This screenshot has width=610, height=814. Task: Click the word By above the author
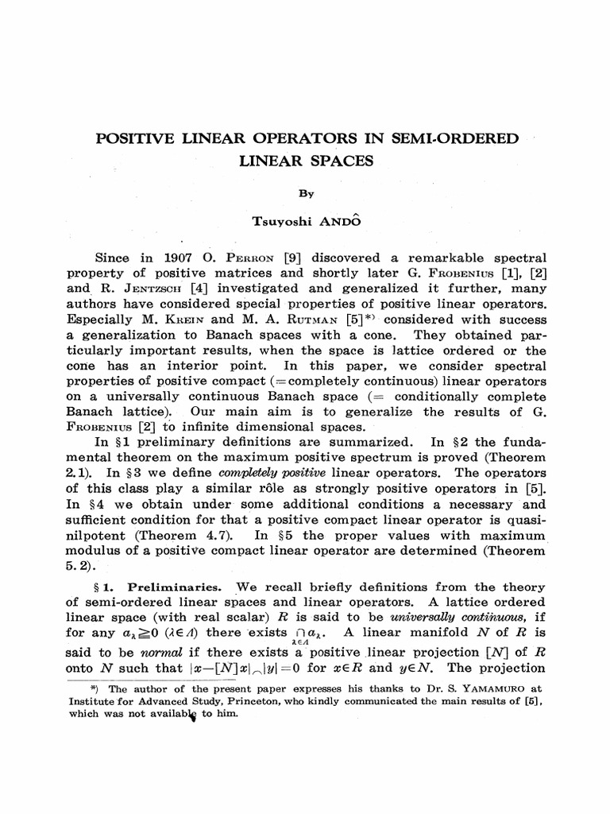point(306,193)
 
